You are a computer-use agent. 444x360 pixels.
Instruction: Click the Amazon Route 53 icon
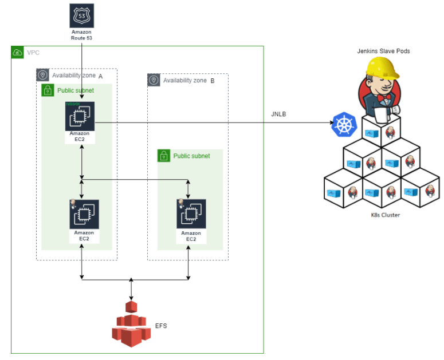click(x=81, y=15)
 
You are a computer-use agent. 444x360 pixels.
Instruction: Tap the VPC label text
click(x=33, y=53)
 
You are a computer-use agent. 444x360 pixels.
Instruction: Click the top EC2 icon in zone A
click(x=80, y=117)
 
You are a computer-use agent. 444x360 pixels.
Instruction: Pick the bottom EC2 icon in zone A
click(x=84, y=214)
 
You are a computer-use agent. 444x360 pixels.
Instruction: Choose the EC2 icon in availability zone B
click(x=191, y=214)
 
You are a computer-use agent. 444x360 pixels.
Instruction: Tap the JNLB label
click(x=278, y=114)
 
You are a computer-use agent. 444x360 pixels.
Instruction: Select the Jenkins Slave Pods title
click(x=383, y=51)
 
